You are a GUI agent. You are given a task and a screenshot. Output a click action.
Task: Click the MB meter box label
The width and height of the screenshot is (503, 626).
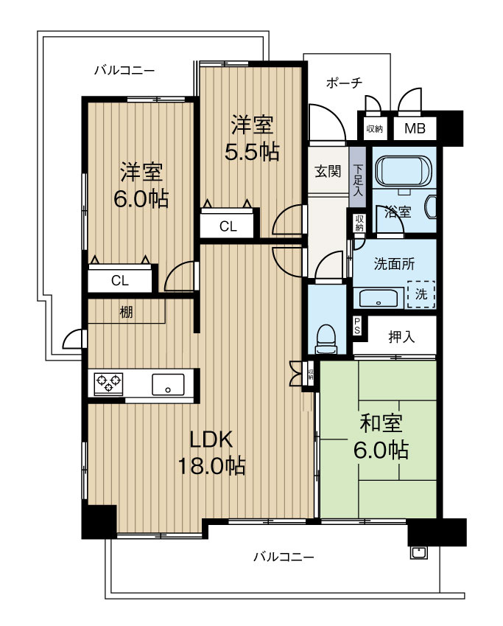tap(415, 128)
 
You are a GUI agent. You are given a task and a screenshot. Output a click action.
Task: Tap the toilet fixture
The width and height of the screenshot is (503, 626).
tap(326, 339)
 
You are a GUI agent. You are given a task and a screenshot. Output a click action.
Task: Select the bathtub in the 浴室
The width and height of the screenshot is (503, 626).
tap(404, 170)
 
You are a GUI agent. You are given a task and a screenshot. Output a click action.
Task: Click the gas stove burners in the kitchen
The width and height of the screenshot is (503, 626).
tap(108, 383)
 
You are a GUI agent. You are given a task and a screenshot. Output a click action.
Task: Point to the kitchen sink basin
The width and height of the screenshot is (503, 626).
tap(168, 384)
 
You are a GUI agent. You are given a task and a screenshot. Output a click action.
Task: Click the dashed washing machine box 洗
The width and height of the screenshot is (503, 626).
tap(421, 294)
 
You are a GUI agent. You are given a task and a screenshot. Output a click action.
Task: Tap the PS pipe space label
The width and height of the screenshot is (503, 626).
tap(357, 327)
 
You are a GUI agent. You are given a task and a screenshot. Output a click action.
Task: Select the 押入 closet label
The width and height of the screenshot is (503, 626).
tap(401, 338)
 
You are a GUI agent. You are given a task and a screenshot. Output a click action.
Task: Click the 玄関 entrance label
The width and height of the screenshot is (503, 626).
tap(328, 171)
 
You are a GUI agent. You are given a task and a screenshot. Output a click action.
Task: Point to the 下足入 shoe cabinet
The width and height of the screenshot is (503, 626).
tap(358, 177)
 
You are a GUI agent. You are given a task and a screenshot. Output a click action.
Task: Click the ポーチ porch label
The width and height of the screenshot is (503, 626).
tap(344, 83)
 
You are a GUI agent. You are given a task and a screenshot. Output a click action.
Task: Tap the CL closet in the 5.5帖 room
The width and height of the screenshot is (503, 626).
tap(228, 226)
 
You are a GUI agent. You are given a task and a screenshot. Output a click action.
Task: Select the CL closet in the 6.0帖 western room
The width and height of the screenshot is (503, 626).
tap(120, 280)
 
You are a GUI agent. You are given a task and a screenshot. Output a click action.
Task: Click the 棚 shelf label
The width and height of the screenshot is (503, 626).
tap(127, 312)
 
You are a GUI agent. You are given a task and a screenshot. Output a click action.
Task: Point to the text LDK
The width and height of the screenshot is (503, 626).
tap(211, 439)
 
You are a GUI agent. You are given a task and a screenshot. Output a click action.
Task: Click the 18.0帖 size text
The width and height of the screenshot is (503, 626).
tap(211, 466)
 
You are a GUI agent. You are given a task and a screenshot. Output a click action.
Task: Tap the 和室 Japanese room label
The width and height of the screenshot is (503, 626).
tap(381, 423)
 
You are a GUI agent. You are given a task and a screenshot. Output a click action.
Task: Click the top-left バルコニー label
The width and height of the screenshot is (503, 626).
tap(124, 71)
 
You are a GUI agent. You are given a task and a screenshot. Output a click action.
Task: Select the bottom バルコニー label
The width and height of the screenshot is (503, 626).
tap(284, 557)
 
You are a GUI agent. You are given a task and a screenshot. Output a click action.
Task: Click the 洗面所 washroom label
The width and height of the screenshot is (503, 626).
tap(394, 264)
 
